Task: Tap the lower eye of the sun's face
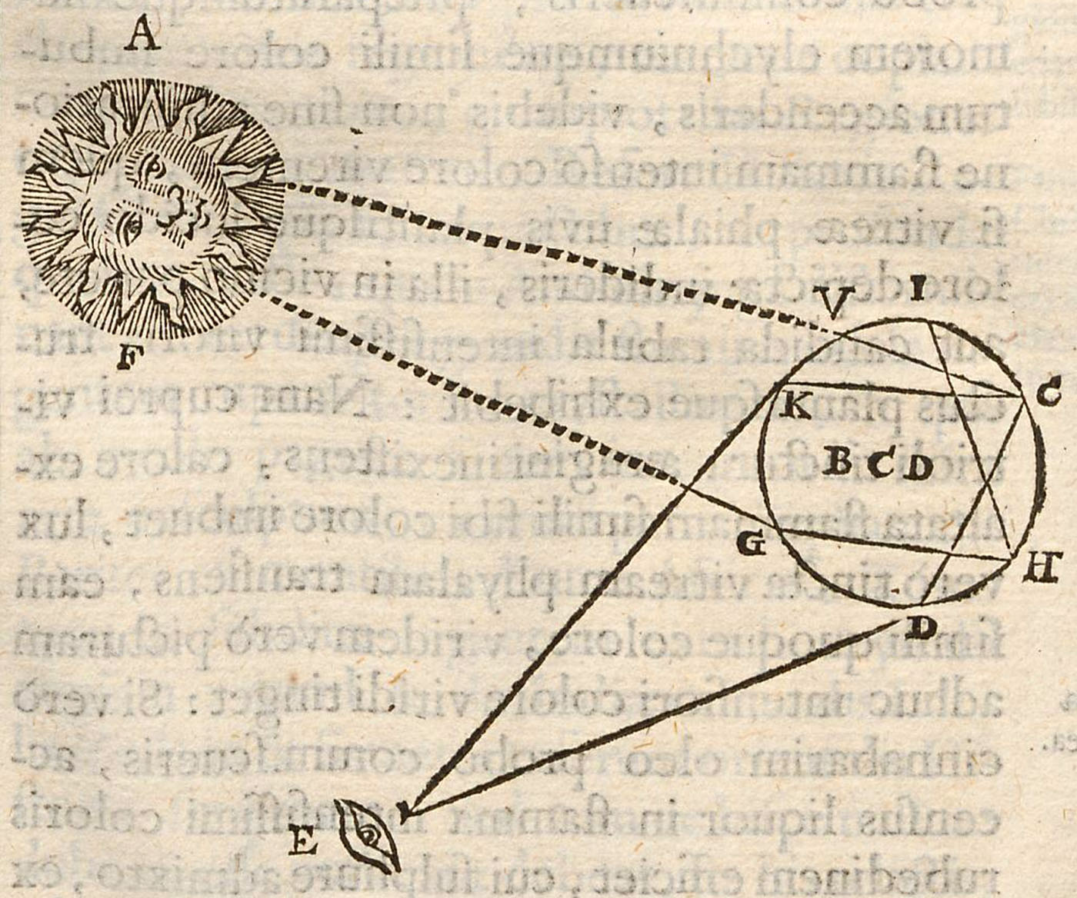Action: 133,226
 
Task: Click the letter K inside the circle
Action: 795,405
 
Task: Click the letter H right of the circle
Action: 1042,567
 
